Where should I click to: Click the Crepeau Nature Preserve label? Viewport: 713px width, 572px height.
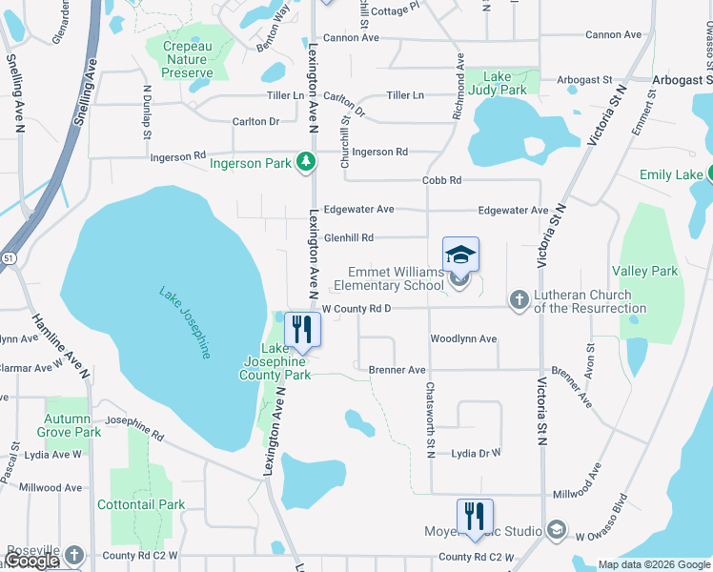click(x=188, y=59)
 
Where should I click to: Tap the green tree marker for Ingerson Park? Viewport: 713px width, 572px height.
click(x=305, y=162)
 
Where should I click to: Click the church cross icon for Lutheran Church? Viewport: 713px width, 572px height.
click(x=519, y=301)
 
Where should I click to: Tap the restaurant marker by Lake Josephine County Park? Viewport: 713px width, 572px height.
click(x=302, y=330)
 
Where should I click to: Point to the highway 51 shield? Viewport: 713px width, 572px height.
click(x=9, y=257)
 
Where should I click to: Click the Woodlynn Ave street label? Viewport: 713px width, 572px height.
click(x=463, y=338)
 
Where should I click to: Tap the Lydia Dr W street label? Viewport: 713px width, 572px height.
click(x=476, y=454)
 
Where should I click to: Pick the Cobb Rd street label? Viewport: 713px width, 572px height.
click(x=441, y=180)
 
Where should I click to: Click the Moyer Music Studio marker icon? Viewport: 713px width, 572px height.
click(x=557, y=530)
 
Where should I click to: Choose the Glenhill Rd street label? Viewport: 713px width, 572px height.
click(x=348, y=237)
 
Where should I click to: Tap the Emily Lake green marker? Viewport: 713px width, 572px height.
click(x=710, y=174)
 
